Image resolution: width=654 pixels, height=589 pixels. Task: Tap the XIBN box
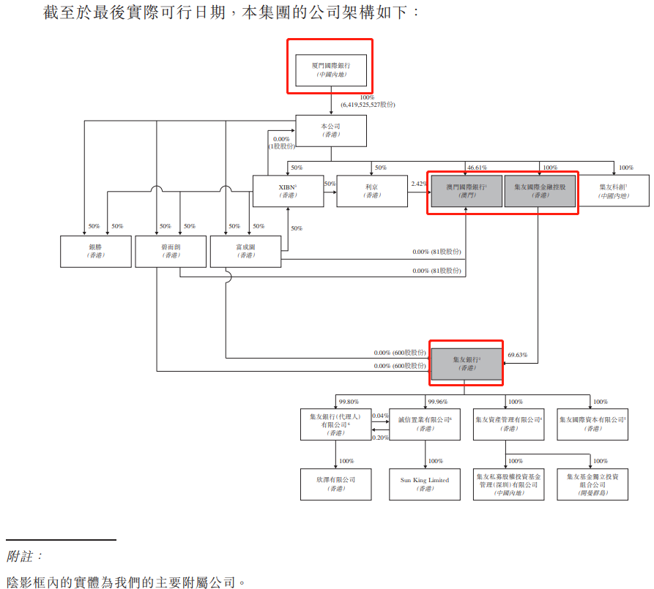[x=288, y=191]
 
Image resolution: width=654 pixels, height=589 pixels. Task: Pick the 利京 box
[x=371, y=191]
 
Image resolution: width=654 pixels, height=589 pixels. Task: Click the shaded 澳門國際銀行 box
[x=466, y=191]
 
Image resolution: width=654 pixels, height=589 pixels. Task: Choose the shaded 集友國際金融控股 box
[x=540, y=191]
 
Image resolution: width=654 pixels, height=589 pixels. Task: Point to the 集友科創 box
[x=613, y=191]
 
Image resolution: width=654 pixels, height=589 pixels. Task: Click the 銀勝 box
[x=96, y=251]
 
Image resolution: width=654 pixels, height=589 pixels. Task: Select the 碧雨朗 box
[x=171, y=251]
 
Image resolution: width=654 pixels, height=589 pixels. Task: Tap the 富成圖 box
[x=245, y=251]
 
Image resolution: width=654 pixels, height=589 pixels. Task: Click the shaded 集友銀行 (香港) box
[x=467, y=364]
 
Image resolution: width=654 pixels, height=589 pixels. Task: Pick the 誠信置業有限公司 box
[x=425, y=424]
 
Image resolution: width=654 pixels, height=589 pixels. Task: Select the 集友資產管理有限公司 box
[x=508, y=424]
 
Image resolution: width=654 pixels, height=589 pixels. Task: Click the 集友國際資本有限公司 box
[x=592, y=424]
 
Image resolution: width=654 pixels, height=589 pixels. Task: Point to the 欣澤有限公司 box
[x=336, y=484]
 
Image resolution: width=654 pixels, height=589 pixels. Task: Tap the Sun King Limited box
[x=425, y=484]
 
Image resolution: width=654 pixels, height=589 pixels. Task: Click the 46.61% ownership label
[x=477, y=168]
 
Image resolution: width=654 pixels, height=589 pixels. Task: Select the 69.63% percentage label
[x=518, y=355]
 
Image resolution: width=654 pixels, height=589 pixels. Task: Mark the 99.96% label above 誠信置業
[x=438, y=401]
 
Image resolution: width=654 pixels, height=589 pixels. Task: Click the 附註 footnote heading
[x=25, y=557]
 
